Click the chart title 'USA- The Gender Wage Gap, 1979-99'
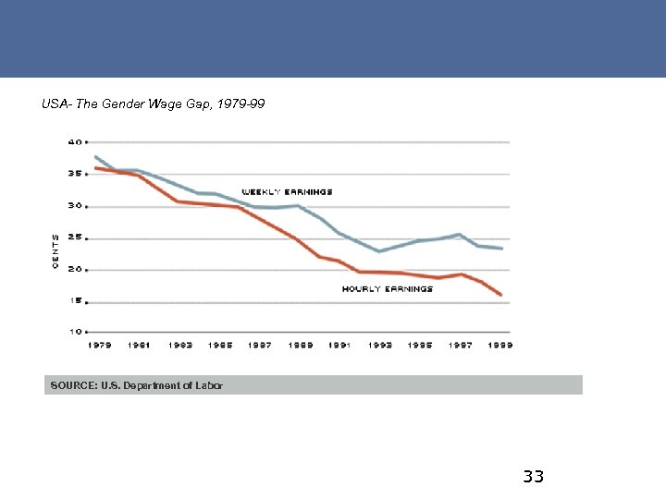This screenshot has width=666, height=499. click(x=154, y=104)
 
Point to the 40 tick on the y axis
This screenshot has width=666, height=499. click(x=73, y=142)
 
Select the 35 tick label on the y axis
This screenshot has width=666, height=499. click(x=73, y=174)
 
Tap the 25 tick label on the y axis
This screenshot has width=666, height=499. click(x=73, y=237)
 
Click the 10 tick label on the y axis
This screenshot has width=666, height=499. click(x=73, y=331)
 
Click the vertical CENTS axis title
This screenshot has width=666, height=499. click(x=55, y=251)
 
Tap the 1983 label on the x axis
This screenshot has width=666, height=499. click(x=179, y=346)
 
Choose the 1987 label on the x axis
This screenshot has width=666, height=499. click(x=260, y=346)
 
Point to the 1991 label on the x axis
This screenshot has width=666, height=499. click(x=339, y=346)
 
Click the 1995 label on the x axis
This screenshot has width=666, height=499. click(x=420, y=346)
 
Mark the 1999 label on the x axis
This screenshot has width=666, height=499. click(x=500, y=346)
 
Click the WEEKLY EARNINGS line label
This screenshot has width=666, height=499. click(x=287, y=192)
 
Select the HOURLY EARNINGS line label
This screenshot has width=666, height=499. click(x=388, y=289)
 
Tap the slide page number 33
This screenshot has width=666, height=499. click(x=533, y=477)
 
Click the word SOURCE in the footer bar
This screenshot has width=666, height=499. click(x=70, y=385)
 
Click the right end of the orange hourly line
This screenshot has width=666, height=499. click(x=501, y=296)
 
